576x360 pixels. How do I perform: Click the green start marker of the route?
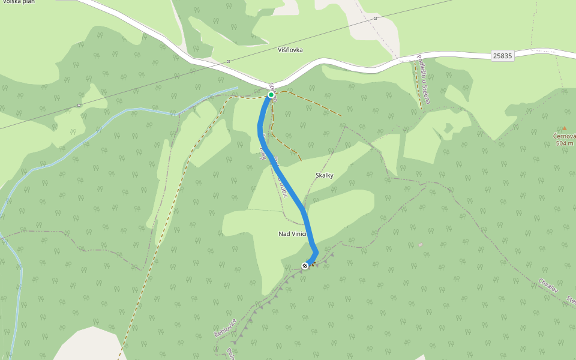pos(271,95)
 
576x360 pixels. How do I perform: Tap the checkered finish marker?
pos(305,266)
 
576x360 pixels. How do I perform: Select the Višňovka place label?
pos(290,50)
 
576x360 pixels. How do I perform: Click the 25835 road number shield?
pos(502,56)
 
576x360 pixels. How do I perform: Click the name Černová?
pos(565,136)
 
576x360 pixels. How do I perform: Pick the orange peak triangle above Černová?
pos(564,128)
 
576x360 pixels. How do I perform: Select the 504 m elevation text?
pos(565,143)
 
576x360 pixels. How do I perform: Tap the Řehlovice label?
pos(223,328)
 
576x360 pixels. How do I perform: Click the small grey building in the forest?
pos(421,244)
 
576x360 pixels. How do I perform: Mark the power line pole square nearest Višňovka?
pos(229,61)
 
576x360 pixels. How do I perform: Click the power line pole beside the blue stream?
pos(79,106)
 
